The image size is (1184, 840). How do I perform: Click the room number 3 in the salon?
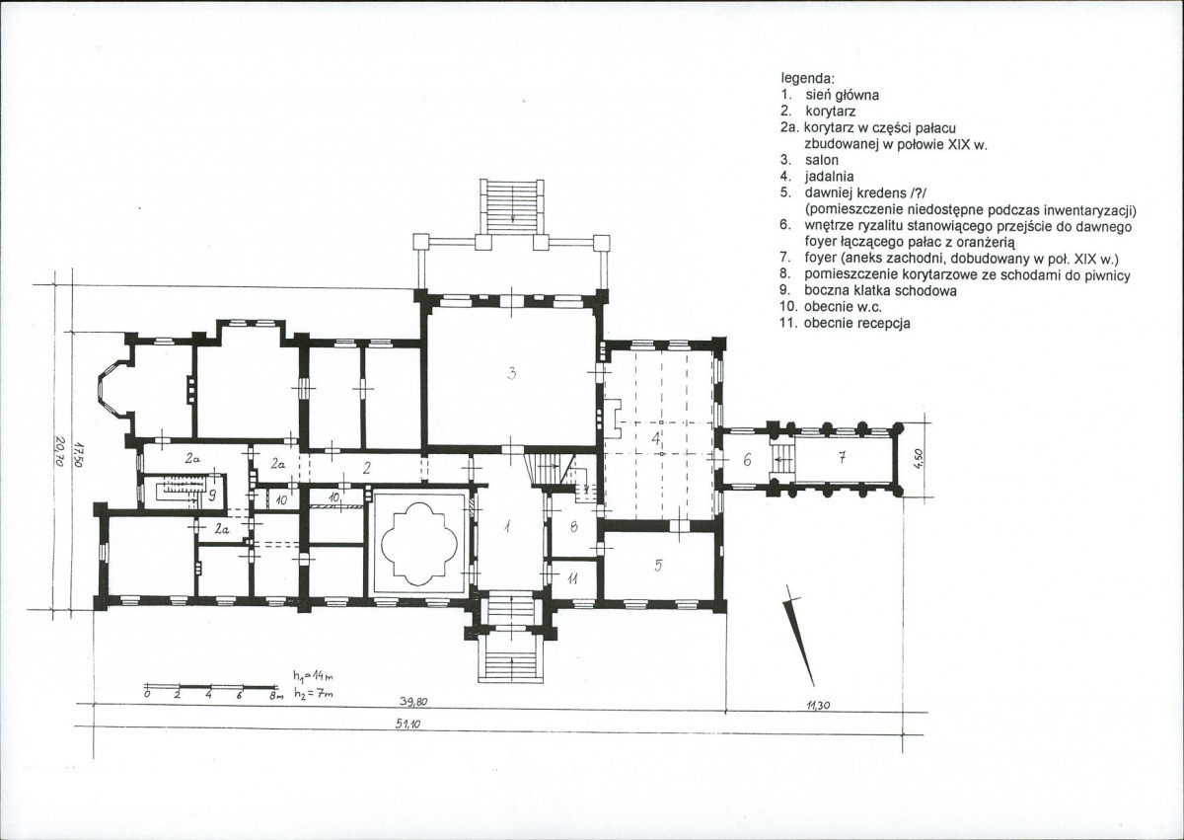[x=511, y=374]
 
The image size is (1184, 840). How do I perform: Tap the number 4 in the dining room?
[x=656, y=437]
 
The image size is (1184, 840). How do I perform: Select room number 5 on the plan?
[x=658, y=566]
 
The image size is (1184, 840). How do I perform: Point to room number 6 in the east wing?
[x=747, y=460]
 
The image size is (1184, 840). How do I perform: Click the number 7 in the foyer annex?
[x=843, y=458]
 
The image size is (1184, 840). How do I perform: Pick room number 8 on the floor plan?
[x=574, y=526]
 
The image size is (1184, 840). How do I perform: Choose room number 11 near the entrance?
[x=572, y=579]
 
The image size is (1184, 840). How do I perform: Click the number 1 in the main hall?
[x=507, y=526]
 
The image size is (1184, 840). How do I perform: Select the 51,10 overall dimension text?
[x=408, y=725]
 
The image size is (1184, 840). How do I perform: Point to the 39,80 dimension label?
[x=413, y=702]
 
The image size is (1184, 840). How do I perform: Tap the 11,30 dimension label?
[x=819, y=705]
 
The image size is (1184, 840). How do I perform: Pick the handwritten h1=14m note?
[x=314, y=675]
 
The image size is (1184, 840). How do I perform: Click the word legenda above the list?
[x=808, y=79]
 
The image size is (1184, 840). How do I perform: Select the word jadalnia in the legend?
[x=830, y=177]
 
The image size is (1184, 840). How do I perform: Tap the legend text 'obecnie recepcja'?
[x=857, y=323]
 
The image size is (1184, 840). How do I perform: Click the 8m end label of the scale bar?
[x=276, y=696]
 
